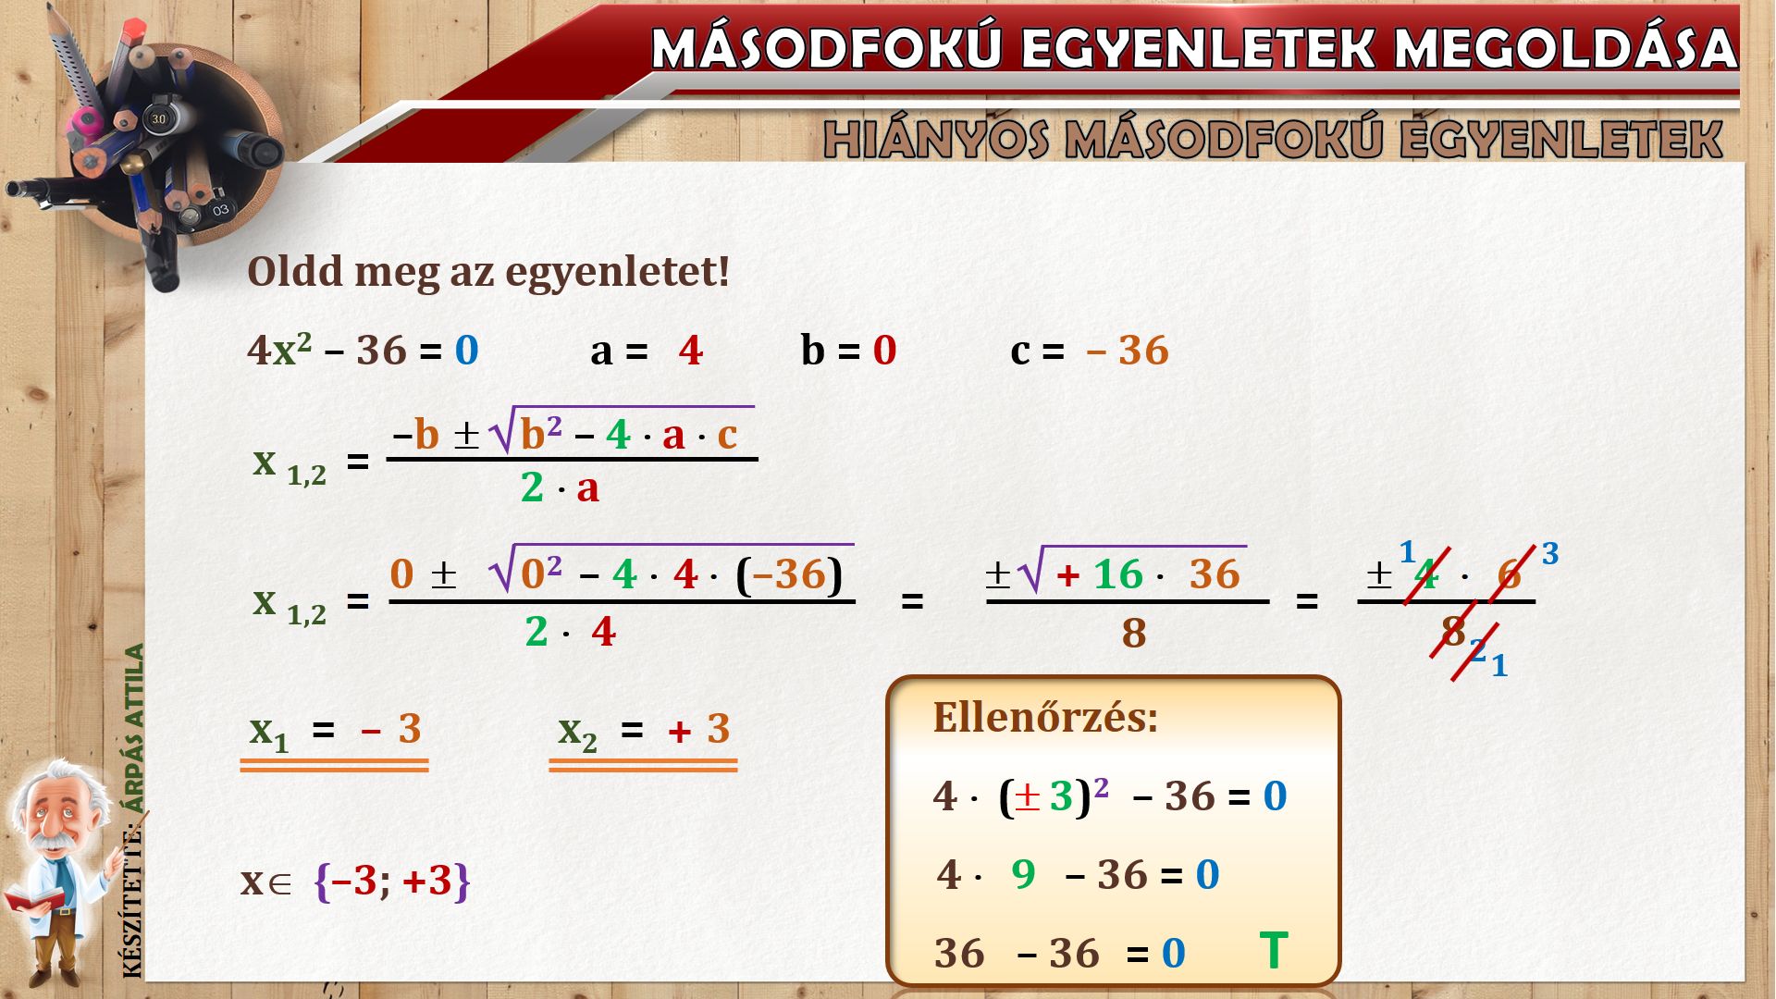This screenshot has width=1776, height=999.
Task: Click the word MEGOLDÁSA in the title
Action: [x=1566, y=48]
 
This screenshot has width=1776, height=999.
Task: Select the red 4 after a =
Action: [x=690, y=351]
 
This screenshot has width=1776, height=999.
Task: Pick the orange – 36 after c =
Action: [x=1128, y=351]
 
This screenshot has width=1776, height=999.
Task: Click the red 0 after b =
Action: [x=885, y=351]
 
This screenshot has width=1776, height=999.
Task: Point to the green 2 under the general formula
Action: [x=532, y=487]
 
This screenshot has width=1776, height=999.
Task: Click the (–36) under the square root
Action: [x=789, y=574]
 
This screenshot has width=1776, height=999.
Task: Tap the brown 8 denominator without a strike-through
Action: [x=1134, y=634]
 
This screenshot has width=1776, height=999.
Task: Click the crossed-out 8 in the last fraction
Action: [x=1453, y=632]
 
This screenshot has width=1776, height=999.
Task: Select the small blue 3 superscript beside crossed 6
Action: [x=1550, y=554]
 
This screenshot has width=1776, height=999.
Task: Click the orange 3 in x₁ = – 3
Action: [x=410, y=730]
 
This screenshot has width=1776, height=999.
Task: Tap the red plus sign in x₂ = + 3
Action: [x=680, y=733]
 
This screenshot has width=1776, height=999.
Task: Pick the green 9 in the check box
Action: [x=1023, y=874]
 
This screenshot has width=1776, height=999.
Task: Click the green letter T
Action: [x=1274, y=951]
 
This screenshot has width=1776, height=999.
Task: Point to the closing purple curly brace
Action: [x=462, y=882]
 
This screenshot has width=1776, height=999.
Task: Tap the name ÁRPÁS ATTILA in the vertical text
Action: [x=135, y=729]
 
